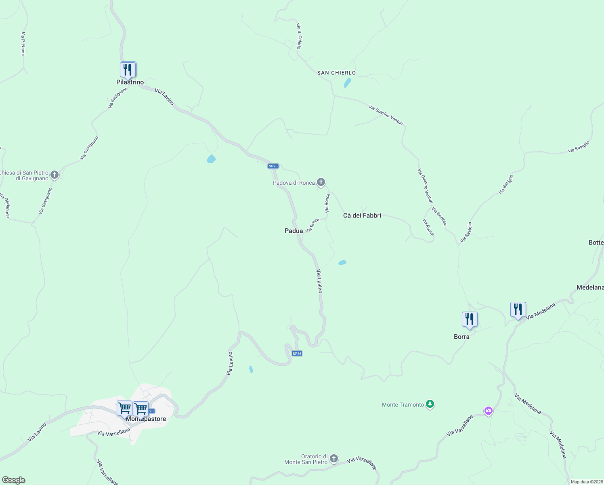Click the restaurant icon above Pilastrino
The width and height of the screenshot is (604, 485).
[128, 70]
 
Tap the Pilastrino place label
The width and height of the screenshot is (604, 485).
[130, 82]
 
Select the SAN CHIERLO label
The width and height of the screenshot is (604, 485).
[336, 73]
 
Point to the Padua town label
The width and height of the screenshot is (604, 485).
[294, 231]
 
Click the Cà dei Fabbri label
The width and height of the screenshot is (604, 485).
[362, 215]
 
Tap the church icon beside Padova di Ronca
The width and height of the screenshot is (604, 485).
[321, 182]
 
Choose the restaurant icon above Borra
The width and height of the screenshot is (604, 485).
[470, 319]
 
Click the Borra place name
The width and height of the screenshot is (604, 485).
[461, 337]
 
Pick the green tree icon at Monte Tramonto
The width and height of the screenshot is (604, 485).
[430, 404]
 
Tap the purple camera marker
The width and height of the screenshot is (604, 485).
[489, 411]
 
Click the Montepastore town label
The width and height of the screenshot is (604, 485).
[146, 419]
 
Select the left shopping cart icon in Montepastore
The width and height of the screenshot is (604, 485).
[124, 408]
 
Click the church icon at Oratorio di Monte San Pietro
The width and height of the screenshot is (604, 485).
[333, 458]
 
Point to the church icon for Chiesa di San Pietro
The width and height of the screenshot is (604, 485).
[55, 175]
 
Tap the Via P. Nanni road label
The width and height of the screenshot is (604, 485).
[23, 44]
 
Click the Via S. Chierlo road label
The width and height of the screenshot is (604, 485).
[299, 36]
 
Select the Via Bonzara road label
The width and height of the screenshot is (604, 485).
[439, 217]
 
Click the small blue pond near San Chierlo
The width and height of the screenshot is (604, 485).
[347, 83]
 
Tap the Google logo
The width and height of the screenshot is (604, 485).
[13, 480]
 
